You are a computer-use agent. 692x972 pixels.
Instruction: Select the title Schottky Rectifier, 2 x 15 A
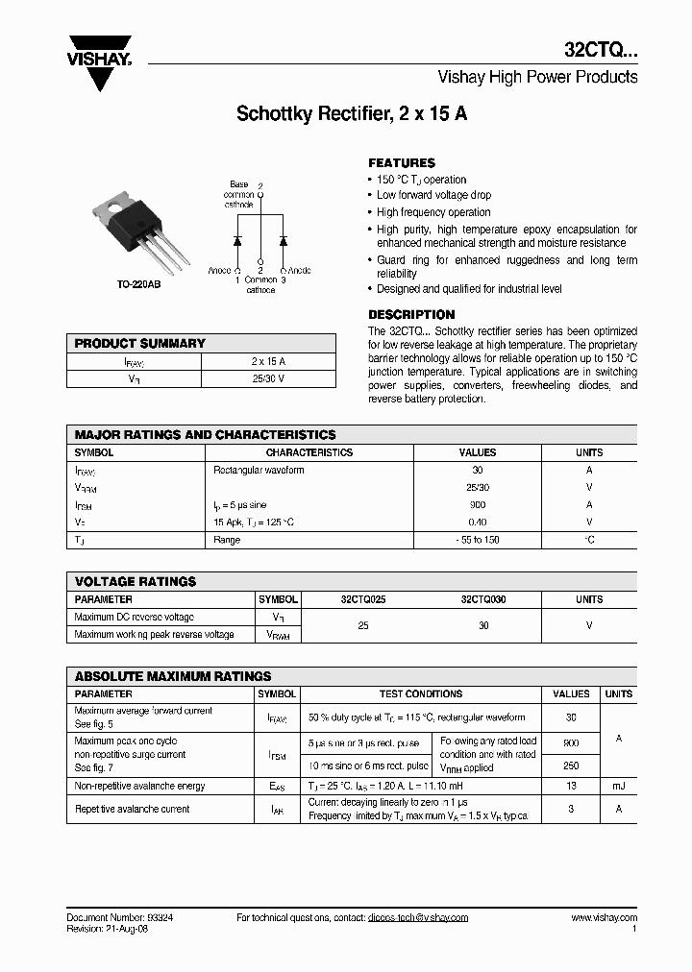coord(352,114)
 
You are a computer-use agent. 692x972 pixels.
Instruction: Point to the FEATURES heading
coord(402,163)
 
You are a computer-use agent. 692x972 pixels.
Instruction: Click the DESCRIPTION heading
coord(411,315)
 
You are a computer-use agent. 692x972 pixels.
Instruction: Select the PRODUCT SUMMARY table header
coord(140,343)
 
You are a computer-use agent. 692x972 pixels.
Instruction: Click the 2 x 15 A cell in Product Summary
coord(267,361)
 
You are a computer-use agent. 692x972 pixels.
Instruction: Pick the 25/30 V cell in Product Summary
coord(267,379)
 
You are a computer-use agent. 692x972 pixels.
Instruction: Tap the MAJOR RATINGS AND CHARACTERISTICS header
coord(205,435)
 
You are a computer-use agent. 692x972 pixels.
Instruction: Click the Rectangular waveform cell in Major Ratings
coord(259,471)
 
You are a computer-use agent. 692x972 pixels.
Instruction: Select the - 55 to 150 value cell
coord(478,540)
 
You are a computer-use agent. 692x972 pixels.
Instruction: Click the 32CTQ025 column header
coord(363,599)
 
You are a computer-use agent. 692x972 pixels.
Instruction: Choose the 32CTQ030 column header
coord(483,599)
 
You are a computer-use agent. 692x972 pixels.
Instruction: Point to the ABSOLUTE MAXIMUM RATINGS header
coord(173,676)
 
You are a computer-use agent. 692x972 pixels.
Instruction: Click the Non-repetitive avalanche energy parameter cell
coord(140,786)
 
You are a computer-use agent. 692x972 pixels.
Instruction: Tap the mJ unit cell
coord(619,786)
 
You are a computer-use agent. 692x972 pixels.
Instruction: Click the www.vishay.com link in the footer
coord(605,918)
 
